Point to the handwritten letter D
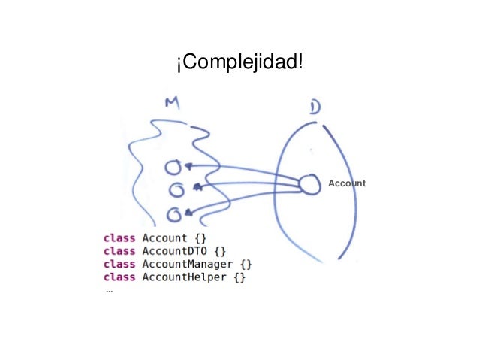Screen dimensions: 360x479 tap(315, 108)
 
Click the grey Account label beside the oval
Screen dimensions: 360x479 tap(347, 183)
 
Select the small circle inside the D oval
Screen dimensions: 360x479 tap(309, 184)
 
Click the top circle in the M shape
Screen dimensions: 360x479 tap(173, 166)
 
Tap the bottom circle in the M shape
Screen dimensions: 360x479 tap(174, 215)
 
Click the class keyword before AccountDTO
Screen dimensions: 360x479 tap(119, 251)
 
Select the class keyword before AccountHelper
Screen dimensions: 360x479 tap(119, 277)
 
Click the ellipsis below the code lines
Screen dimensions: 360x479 tap(109, 291)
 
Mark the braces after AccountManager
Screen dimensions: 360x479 tap(246, 264)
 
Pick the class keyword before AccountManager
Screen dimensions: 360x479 tap(119, 264)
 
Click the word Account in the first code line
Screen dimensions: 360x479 tap(164, 238)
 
